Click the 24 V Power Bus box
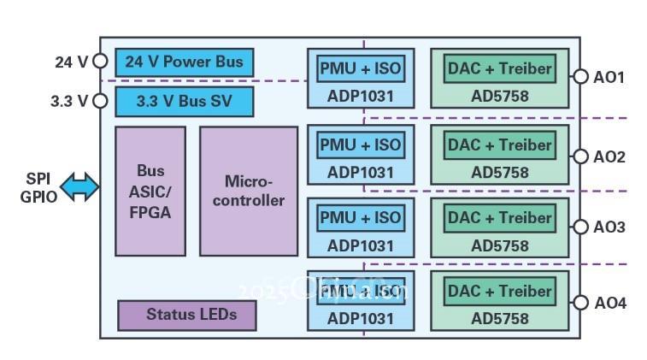[184, 62]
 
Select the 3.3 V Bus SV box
[184, 101]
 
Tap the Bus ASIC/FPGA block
[150, 191]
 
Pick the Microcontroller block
[248, 191]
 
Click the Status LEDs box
[187, 315]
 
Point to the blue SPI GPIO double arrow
[80, 187]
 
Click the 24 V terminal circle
[100, 62]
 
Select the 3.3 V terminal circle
[100, 101]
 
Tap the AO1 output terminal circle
[580, 77]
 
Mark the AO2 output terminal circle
[580, 156]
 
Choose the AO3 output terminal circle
[580, 227]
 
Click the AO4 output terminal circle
[580, 303]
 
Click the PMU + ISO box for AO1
[360, 68]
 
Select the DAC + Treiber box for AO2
[500, 145]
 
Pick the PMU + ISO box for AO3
[360, 217]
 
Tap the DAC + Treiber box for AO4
[500, 291]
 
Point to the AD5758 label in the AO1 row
[500, 97]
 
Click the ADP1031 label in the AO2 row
[360, 172]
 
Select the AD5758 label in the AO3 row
[500, 245]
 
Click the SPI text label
[38, 179]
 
